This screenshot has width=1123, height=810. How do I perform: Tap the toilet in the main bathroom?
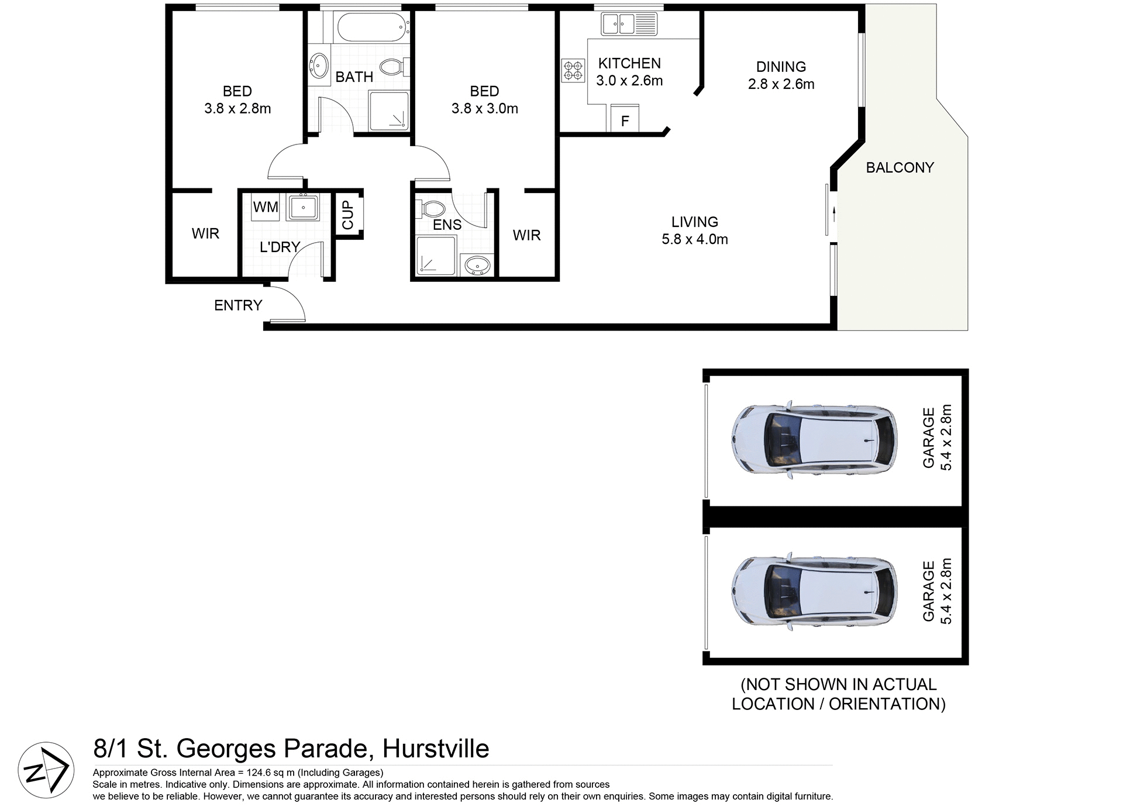[x=391, y=67]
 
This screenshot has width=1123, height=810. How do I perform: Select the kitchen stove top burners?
[x=573, y=70]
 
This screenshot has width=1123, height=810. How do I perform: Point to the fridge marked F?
[x=625, y=120]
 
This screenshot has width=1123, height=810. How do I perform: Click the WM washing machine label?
[x=266, y=207]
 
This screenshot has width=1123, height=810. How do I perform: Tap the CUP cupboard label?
[x=348, y=215]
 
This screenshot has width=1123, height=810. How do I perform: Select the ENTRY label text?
[x=238, y=305]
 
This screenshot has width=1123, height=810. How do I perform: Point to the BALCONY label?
[x=900, y=168]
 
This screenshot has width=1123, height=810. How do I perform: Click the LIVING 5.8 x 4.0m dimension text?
[x=694, y=239]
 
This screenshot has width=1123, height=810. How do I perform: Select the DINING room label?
[x=781, y=67]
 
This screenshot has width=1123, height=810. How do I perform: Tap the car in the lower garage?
[x=814, y=591]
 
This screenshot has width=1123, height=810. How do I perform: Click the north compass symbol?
[x=46, y=770]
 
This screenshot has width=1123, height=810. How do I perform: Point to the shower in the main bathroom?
[x=388, y=111]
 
